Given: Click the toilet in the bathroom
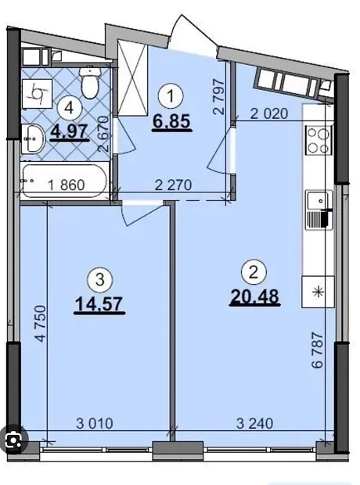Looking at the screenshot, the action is point(91,82).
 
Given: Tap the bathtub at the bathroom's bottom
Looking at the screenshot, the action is point(65,181).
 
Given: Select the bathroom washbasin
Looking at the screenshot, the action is point(33,138).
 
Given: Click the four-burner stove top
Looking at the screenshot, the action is point(319,140).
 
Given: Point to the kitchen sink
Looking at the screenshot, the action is point(319,210).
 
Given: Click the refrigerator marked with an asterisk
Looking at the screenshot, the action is point(318,292).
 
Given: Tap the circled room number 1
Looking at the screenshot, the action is point(171,97).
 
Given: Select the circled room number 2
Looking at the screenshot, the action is point(254,273).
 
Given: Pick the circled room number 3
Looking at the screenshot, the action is point(100,281).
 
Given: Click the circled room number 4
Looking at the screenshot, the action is point(70,108).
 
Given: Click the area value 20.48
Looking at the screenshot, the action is point(255,297).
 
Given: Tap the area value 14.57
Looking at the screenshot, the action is point(99,304).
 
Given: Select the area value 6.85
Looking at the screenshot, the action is point(171,121).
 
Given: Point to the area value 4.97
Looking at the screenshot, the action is point(69,132).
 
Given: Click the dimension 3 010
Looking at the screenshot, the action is point(95,423).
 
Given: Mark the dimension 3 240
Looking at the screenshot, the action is point(255,423).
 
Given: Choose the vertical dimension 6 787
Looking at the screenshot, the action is point(318,350).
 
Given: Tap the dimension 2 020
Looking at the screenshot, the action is point(269,114).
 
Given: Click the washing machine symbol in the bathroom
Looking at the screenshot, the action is point(37,94).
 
